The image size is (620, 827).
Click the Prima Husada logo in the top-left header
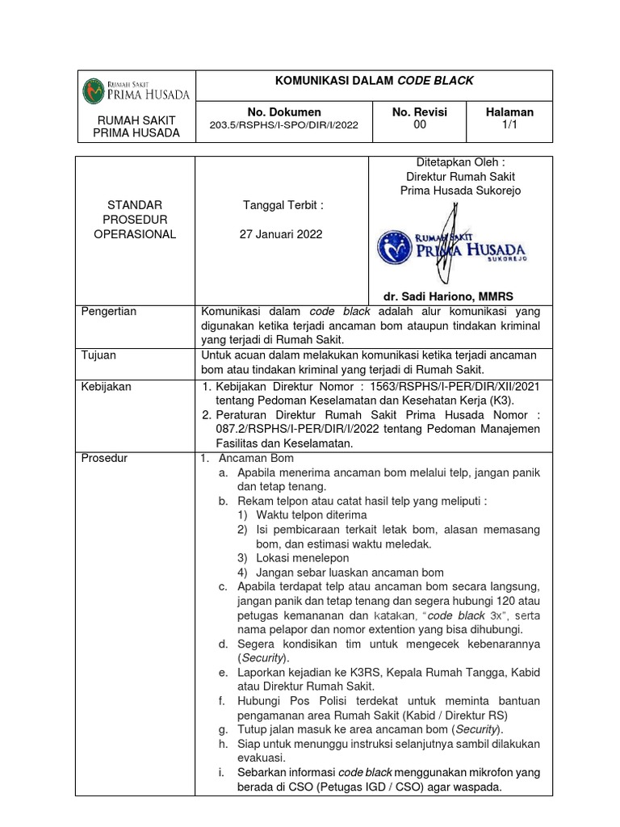(136, 88)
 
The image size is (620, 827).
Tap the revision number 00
(419, 125)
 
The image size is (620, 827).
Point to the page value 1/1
(509, 125)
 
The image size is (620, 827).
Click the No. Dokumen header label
(283, 111)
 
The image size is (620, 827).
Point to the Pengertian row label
(109, 312)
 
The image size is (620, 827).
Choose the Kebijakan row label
(107, 387)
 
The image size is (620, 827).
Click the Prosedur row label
(105, 459)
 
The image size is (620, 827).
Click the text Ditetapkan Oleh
(460, 162)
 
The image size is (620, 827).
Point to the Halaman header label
(509, 111)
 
